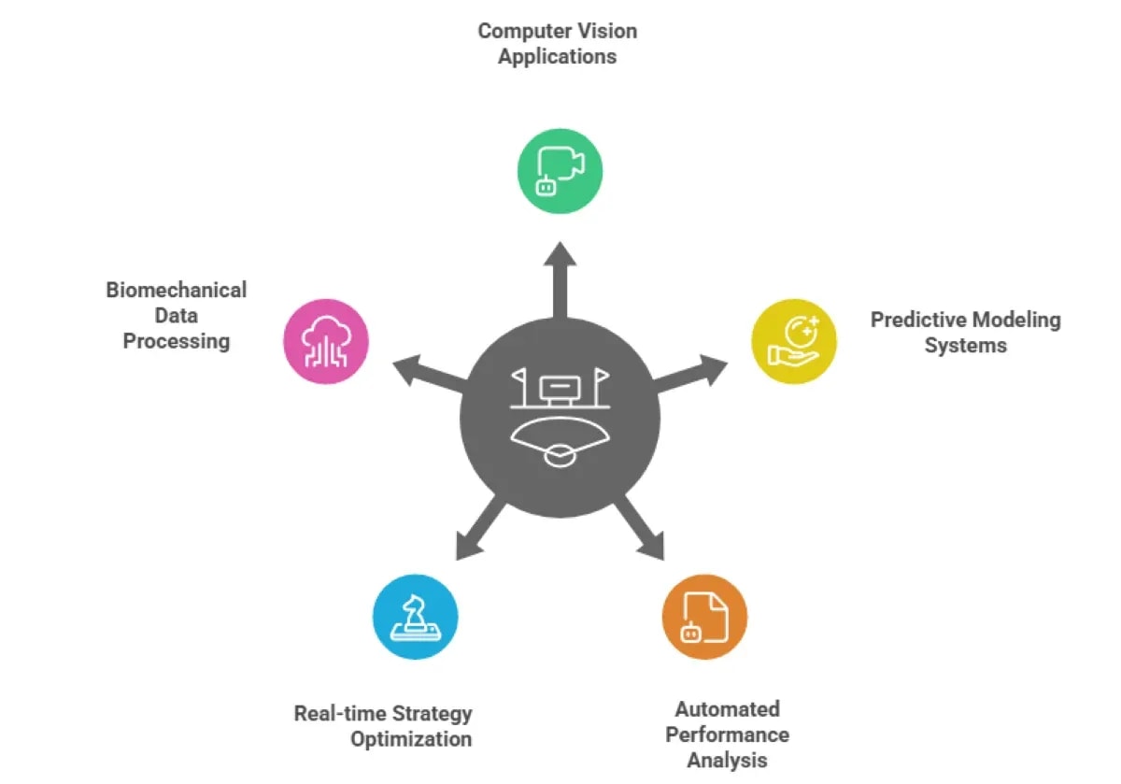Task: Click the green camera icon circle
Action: [x=560, y=172]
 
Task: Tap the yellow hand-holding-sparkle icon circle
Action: [x=794, y=341]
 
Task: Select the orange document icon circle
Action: [x=704, y=617]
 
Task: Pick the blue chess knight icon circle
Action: [x=415, y=617]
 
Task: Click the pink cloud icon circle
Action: [x=326, y=341]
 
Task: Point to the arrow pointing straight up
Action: [x=560, y=280]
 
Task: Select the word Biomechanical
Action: [x=177, y=290]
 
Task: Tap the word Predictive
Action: [x=916, y=321]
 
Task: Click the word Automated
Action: [x=727, y=709]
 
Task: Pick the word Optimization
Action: [x=411, y=739]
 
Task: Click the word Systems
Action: [x=966, y=346]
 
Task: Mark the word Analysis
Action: [x=727, y=760]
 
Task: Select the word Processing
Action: [x=177, y=341]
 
